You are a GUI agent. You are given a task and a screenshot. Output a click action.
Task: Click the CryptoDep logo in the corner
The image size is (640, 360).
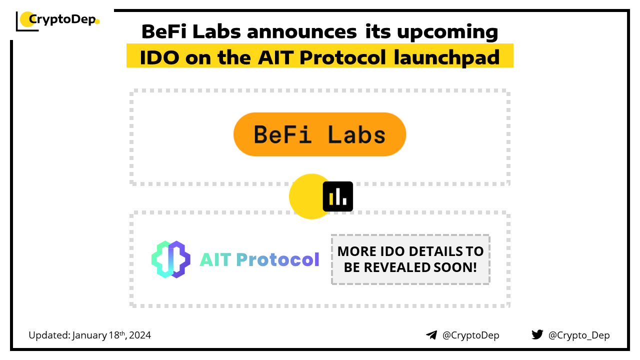pos(57,21)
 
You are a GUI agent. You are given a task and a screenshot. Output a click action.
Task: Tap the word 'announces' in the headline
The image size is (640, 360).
pos(301,31)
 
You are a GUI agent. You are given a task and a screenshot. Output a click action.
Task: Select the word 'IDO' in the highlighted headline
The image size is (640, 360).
pos(159,57)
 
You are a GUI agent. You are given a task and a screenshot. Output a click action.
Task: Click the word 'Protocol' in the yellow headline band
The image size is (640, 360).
pos(342,57)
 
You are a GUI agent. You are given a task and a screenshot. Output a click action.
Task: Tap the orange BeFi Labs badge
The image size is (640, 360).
pos(319,134)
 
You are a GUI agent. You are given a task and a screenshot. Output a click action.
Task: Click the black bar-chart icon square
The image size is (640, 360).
pos(337,196)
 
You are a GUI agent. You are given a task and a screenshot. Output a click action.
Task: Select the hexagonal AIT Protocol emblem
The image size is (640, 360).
pos(171,259)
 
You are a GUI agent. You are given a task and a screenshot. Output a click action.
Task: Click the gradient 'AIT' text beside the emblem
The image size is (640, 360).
pos(215,259)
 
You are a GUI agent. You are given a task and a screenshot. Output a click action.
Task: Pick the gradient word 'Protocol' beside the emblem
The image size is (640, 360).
pos(277,259)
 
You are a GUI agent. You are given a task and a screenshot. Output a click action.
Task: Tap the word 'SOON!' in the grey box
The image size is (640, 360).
pos(455,267)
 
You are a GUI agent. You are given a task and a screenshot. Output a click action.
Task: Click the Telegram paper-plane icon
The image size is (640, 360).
pos(431,335)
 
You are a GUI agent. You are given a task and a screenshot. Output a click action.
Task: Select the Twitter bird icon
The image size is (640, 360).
pos(537,334)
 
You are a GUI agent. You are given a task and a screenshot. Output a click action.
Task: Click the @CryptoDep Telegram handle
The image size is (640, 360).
pos(470,335)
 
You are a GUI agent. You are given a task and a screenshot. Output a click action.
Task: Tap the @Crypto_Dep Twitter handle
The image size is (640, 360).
pos(579,335)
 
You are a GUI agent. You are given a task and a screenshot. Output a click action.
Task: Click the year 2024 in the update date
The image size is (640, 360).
pos(139,335)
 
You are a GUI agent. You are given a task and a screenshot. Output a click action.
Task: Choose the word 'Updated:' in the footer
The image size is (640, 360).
pos(49,335)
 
